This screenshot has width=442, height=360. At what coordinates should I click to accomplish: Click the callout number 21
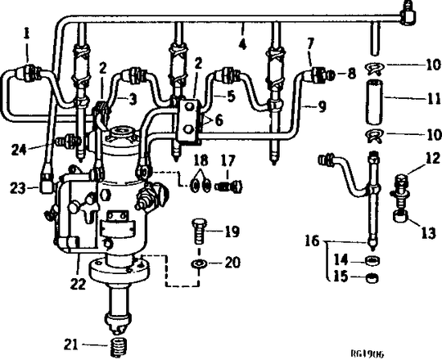click(70, 344)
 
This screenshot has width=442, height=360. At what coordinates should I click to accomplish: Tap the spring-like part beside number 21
click(120, 347)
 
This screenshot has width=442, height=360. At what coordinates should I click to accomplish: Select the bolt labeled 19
click(199, 231)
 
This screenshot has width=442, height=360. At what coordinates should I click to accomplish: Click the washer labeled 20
click(199, 264)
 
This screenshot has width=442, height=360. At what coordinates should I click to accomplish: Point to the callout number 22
click(78, 284)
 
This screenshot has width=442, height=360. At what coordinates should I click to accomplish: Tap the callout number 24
click(19, 150)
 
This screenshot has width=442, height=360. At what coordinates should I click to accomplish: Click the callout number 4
click(242, 44)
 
